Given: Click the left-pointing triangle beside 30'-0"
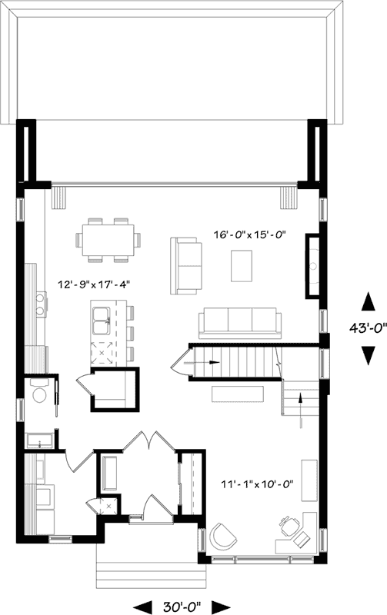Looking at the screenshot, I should pyautogui.click(x=142, y=605).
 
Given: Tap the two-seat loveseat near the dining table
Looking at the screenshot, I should pyautogui.click(x=183, y=265).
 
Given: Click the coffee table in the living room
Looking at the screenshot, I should pyautogui.click(x=245, y=267).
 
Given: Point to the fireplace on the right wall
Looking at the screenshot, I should pyautogui.click(x=313, y=265).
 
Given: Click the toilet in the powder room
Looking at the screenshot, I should pyautogui.click(x=40, y=394).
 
